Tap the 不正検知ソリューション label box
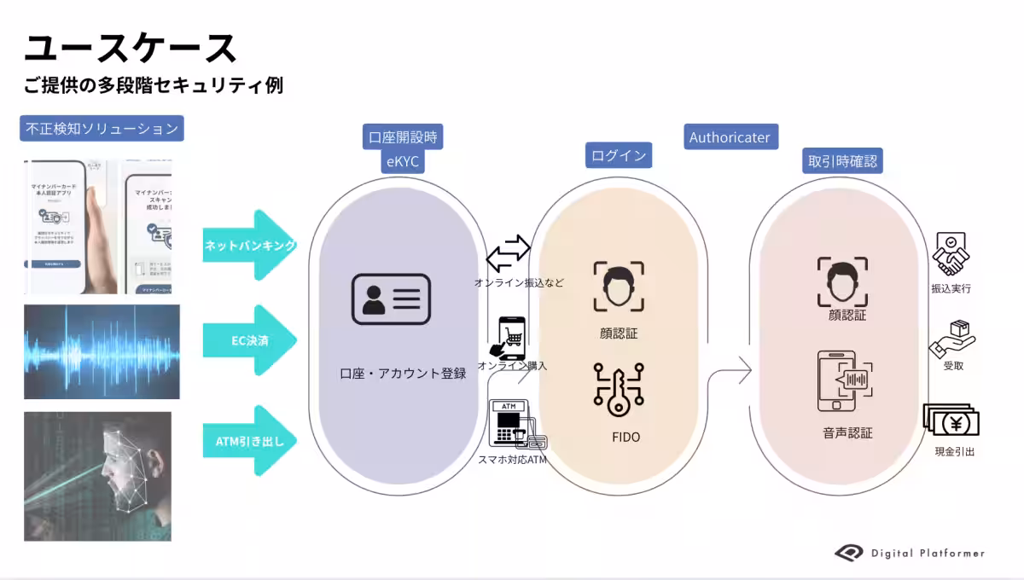pyautogui.click(x=102, y=129)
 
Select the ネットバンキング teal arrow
pyautogui.click(x=249, y=245)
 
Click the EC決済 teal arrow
pyautogui.click(x=249, y=340)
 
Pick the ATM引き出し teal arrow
pyautogui.click(x=249, y=441)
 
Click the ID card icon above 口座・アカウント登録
pyautogui.click(x=391, y=299)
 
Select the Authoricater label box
pyautogui.click(x=730, y=137)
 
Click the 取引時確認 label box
pyautogui.click(x=844, y=160)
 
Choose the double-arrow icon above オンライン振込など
pyautogui.click(x=509, y=254)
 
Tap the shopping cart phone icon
pyautogui.click(x=509, y=338)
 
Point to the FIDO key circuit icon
pyautogui.click(x=619, y=390)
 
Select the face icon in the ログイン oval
pyautogui.click(x=619, y=287)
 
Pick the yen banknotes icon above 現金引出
pyautogui.click(x=951, y=420)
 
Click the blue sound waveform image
pyautogui.click(x=102, y=351)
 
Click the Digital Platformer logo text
pyautogui.click(x=928, y=553)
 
